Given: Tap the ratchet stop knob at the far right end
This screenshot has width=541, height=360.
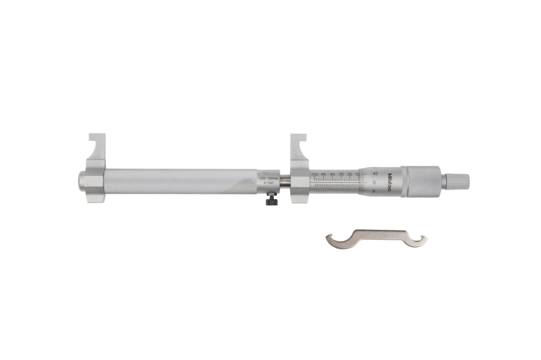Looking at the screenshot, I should click(458, 181).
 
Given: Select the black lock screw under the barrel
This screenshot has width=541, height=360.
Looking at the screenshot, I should click(271, 200).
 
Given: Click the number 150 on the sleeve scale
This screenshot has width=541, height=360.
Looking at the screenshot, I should click(314, 174).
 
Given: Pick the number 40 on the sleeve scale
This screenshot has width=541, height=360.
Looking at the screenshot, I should click(332, 174).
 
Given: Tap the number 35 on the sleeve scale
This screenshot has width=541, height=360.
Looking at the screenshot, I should click(341, 174).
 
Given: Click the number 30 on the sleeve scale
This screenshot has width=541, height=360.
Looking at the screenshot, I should click(350, 174).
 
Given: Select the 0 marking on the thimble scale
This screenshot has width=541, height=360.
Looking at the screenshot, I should click(374, 183).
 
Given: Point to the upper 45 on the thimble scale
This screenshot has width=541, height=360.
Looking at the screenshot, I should click(375, 173).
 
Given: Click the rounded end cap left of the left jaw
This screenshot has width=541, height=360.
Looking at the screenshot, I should click(82, 181).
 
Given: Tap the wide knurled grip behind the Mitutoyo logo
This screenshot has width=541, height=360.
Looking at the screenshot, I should click(419, 181).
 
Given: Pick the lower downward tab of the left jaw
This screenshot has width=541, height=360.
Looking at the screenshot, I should click(96, 197).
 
